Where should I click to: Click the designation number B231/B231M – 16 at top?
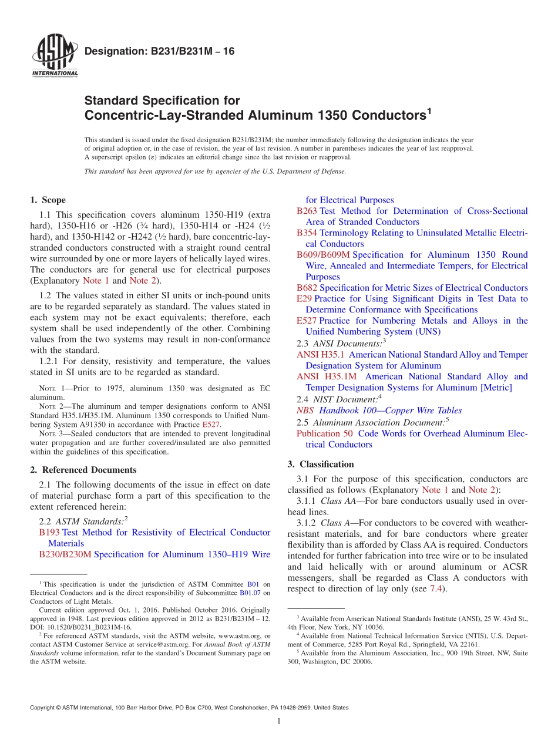(x=159, y=52)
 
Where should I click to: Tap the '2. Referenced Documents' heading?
(x=83, y=470)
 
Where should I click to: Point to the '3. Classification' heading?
(x=321, y=464)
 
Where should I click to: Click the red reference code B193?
(x=49, y=533)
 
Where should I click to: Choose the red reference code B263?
(x=307, y=211)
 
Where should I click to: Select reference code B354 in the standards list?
(x=307, y=233)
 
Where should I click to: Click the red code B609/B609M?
(x=323, y=255)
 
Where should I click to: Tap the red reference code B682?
(x=307, y=288)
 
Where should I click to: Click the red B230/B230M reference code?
(x=65, y=554)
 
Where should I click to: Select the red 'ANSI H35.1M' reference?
(x=330, y=376)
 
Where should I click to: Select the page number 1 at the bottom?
(x=279, y=722)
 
